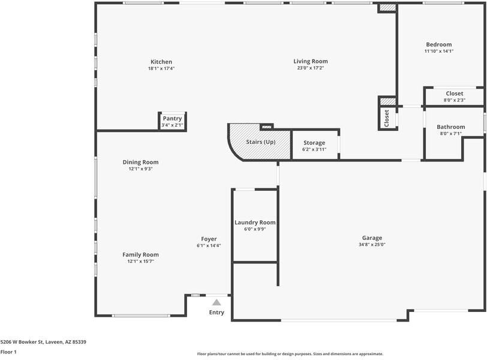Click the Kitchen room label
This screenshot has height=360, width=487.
(x=161, y=62)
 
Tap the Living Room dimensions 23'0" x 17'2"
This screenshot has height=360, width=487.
(x=311, y=68)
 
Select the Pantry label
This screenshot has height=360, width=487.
(x=172, y=119)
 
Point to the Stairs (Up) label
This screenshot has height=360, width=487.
(x=261, y=142)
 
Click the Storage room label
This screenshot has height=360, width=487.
(x=314, y=143)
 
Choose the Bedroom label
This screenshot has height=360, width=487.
(x=438, y=44)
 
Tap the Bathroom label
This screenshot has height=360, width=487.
(x=450, y=127)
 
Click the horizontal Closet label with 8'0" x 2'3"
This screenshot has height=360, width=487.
(x=454, y=94)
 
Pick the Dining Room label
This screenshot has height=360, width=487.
(x=140, y=162)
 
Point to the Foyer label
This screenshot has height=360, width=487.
(x=209, y=239)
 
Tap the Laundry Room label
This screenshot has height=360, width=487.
(x=255, y=223)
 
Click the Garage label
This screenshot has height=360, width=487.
(x=372, y=238)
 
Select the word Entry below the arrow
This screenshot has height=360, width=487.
(x=217, y=313)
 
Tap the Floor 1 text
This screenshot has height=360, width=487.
(x=8, y=352)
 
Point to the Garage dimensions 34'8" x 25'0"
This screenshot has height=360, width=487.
(x=372, y=245)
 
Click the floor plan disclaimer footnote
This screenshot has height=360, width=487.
(x=290, y=354)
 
